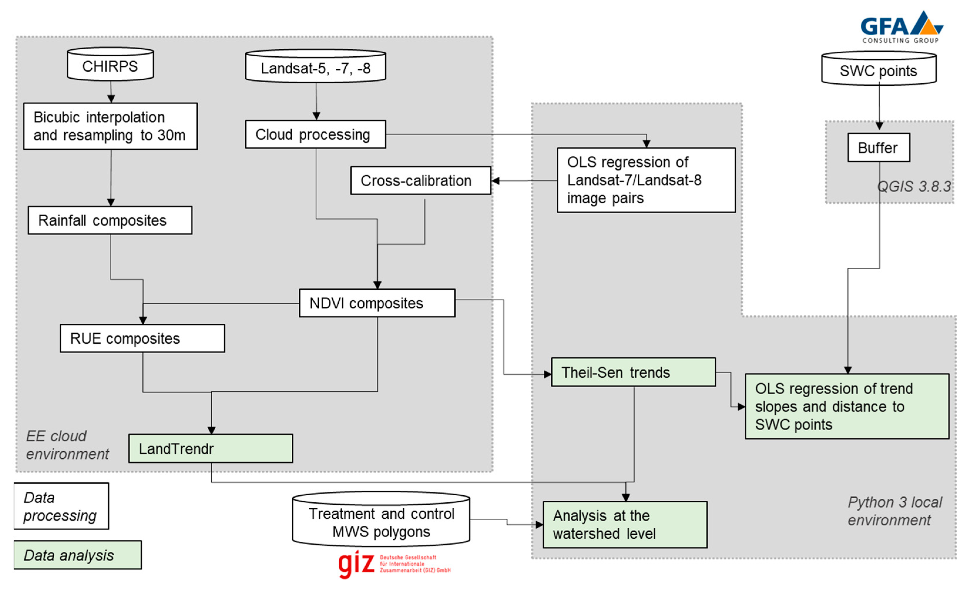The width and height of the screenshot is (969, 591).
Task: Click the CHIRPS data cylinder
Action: (110, 65)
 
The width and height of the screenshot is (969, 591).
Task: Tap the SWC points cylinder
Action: (879, 70)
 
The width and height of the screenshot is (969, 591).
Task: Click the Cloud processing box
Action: (315, 134)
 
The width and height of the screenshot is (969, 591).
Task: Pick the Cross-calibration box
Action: (420, 181)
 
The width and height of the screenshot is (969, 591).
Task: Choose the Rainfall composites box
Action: (110, 220)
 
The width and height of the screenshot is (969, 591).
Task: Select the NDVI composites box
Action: (377, 303)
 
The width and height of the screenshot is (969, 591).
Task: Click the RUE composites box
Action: (142, 338)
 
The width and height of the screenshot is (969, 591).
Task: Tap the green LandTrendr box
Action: (211, 448)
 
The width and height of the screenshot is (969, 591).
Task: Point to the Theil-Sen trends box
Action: (633, 372)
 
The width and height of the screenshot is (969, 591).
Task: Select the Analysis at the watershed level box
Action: (625, 525)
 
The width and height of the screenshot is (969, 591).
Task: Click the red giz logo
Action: (356, 564)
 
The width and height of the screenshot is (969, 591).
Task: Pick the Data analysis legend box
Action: (78, 555)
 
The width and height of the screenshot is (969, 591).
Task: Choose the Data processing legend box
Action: (61, 506)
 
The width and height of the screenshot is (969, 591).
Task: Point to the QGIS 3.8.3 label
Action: (914, 186)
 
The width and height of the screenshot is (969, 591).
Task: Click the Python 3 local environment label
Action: (894, 511)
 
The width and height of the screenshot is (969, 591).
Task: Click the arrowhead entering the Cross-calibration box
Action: (496, 181)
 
